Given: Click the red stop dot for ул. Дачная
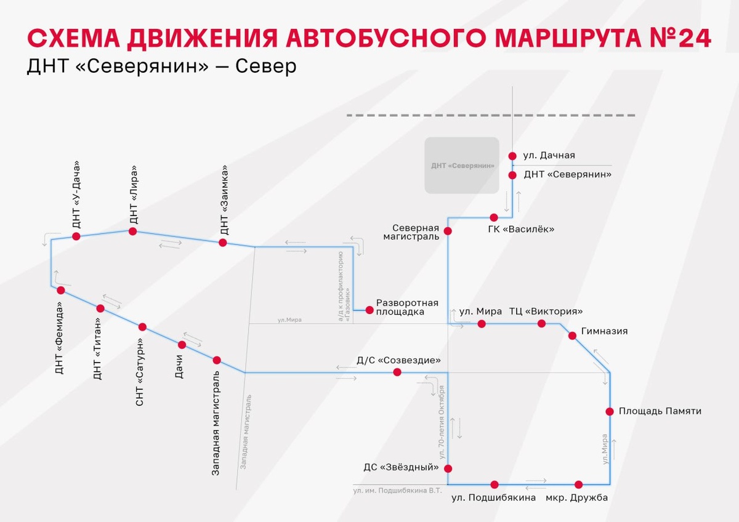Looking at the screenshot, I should pyautogui.click(x=512, y=156).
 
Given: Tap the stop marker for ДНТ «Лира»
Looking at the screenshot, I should pyautogui.click(x=132, y=231).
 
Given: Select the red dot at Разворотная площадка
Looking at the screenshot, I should pyautogui.click(x=369, y=310).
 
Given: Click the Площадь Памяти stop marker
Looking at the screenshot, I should pyautogui.click(x=610, y=411).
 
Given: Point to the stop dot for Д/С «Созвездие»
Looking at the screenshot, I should pyautogui.click(x=397, y=372).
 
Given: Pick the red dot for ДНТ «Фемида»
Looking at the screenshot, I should pyautogui.click(x=60, y=290).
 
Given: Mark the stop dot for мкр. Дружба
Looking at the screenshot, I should pyautogui.click(x=578, y=484).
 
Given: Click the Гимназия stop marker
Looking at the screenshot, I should pyautogui.click(x=572, y=335).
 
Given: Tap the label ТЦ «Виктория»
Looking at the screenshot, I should pyautogui.click(x=546, y=311).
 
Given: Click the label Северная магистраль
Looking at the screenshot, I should pyautogui.click(x=411, y=231).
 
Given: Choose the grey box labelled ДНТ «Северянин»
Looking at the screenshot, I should pyautogui.click(x=462, y=165).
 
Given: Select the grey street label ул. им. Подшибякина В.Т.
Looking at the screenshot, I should pyautogui.click(x=398, y=491).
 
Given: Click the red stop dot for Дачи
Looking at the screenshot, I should pyautogui.click(x=182, y=345).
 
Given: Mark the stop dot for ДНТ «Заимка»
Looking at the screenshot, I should pyautogui.click(x=223, y=243).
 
